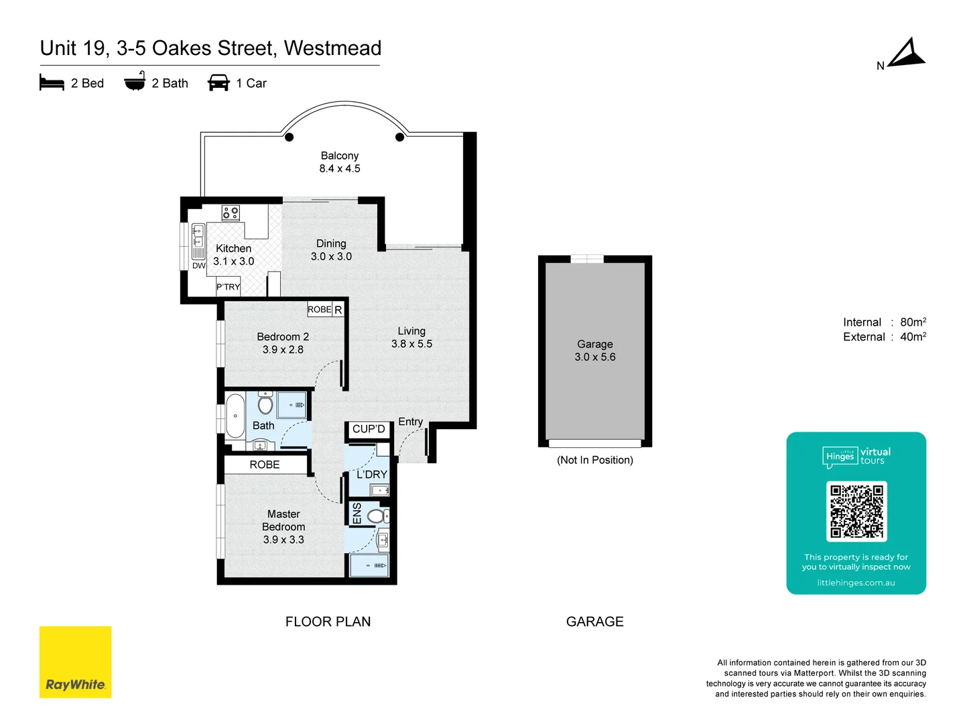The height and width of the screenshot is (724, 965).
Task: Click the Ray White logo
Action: click(75, 662)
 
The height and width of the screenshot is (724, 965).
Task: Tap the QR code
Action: click(856, 511)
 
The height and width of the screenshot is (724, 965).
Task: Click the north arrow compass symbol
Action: click(907, 54)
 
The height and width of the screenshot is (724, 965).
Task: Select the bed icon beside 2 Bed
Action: click(52, 82)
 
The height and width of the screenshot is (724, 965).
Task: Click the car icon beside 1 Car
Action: click(218, 82)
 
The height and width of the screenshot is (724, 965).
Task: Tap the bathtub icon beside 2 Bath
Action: click(135, 82)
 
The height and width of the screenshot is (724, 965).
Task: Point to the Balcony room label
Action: click(339, 156)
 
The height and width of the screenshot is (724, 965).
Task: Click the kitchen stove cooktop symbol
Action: click(231, 213)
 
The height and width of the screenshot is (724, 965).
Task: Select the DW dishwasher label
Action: click(199, 265)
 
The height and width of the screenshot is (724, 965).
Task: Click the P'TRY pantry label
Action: click(228, 287)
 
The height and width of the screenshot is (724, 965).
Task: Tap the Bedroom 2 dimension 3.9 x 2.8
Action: click(283, 350)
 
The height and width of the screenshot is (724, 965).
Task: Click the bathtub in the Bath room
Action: click(235, 416)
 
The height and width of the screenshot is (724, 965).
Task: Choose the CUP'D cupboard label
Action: click(369, 429)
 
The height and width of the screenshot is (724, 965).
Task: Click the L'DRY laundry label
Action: click(372, 475)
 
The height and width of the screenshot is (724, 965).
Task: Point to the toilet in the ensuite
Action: click(377, 516)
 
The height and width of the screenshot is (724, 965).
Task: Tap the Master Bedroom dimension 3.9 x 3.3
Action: click(283, 540)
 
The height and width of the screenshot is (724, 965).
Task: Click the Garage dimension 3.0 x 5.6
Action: click(595, 357)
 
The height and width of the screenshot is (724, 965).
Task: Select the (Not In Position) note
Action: click(595, 460)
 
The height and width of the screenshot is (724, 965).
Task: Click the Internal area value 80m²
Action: click(913, 322)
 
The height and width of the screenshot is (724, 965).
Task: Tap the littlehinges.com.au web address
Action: click(856, 583)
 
